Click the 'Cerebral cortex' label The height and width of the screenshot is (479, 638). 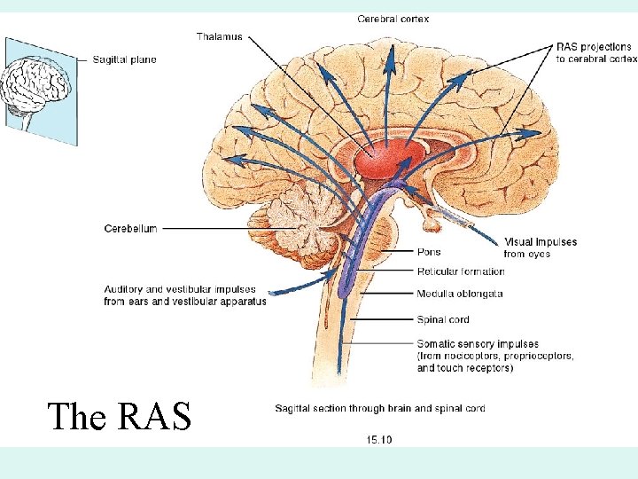tap(393, 19)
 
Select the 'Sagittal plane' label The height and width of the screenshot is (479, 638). tap(124, 59)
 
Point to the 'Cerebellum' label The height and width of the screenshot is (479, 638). tap(130, 228)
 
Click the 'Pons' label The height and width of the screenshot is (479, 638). tap(429, 252)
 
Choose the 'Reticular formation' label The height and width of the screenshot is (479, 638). tap(461, 271)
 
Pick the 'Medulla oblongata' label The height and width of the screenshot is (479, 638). tap(460, 294)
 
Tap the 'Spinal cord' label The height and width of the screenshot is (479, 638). tap(443, 319)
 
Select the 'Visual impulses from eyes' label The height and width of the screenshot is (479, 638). tap(541, 247)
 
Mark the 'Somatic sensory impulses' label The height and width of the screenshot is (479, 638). tap(478, 344)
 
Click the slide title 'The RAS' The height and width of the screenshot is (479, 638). tap(119, 416)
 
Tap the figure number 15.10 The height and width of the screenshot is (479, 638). tap(378, 439)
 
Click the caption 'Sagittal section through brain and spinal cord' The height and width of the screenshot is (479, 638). tap(379, 409)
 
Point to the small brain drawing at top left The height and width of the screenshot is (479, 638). tap(35, 84)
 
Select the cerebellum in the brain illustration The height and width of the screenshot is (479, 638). tap(301, 222)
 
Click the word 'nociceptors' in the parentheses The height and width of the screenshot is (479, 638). tap(478, 356)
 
